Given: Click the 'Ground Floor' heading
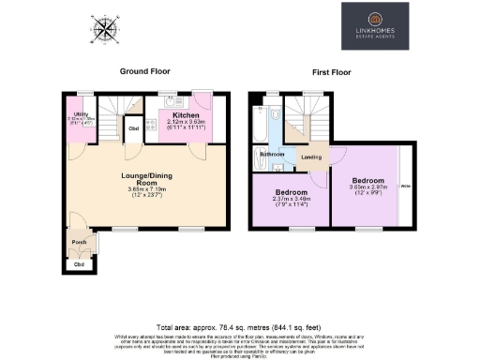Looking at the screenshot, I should tap(143, 71).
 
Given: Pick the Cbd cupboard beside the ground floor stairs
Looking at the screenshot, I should tap(133, 128).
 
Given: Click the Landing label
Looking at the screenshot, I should tap(308, 157).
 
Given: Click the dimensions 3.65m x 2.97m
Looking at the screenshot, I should tap(368, 186).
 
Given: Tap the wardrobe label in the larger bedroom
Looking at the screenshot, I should tap(405, 187).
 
